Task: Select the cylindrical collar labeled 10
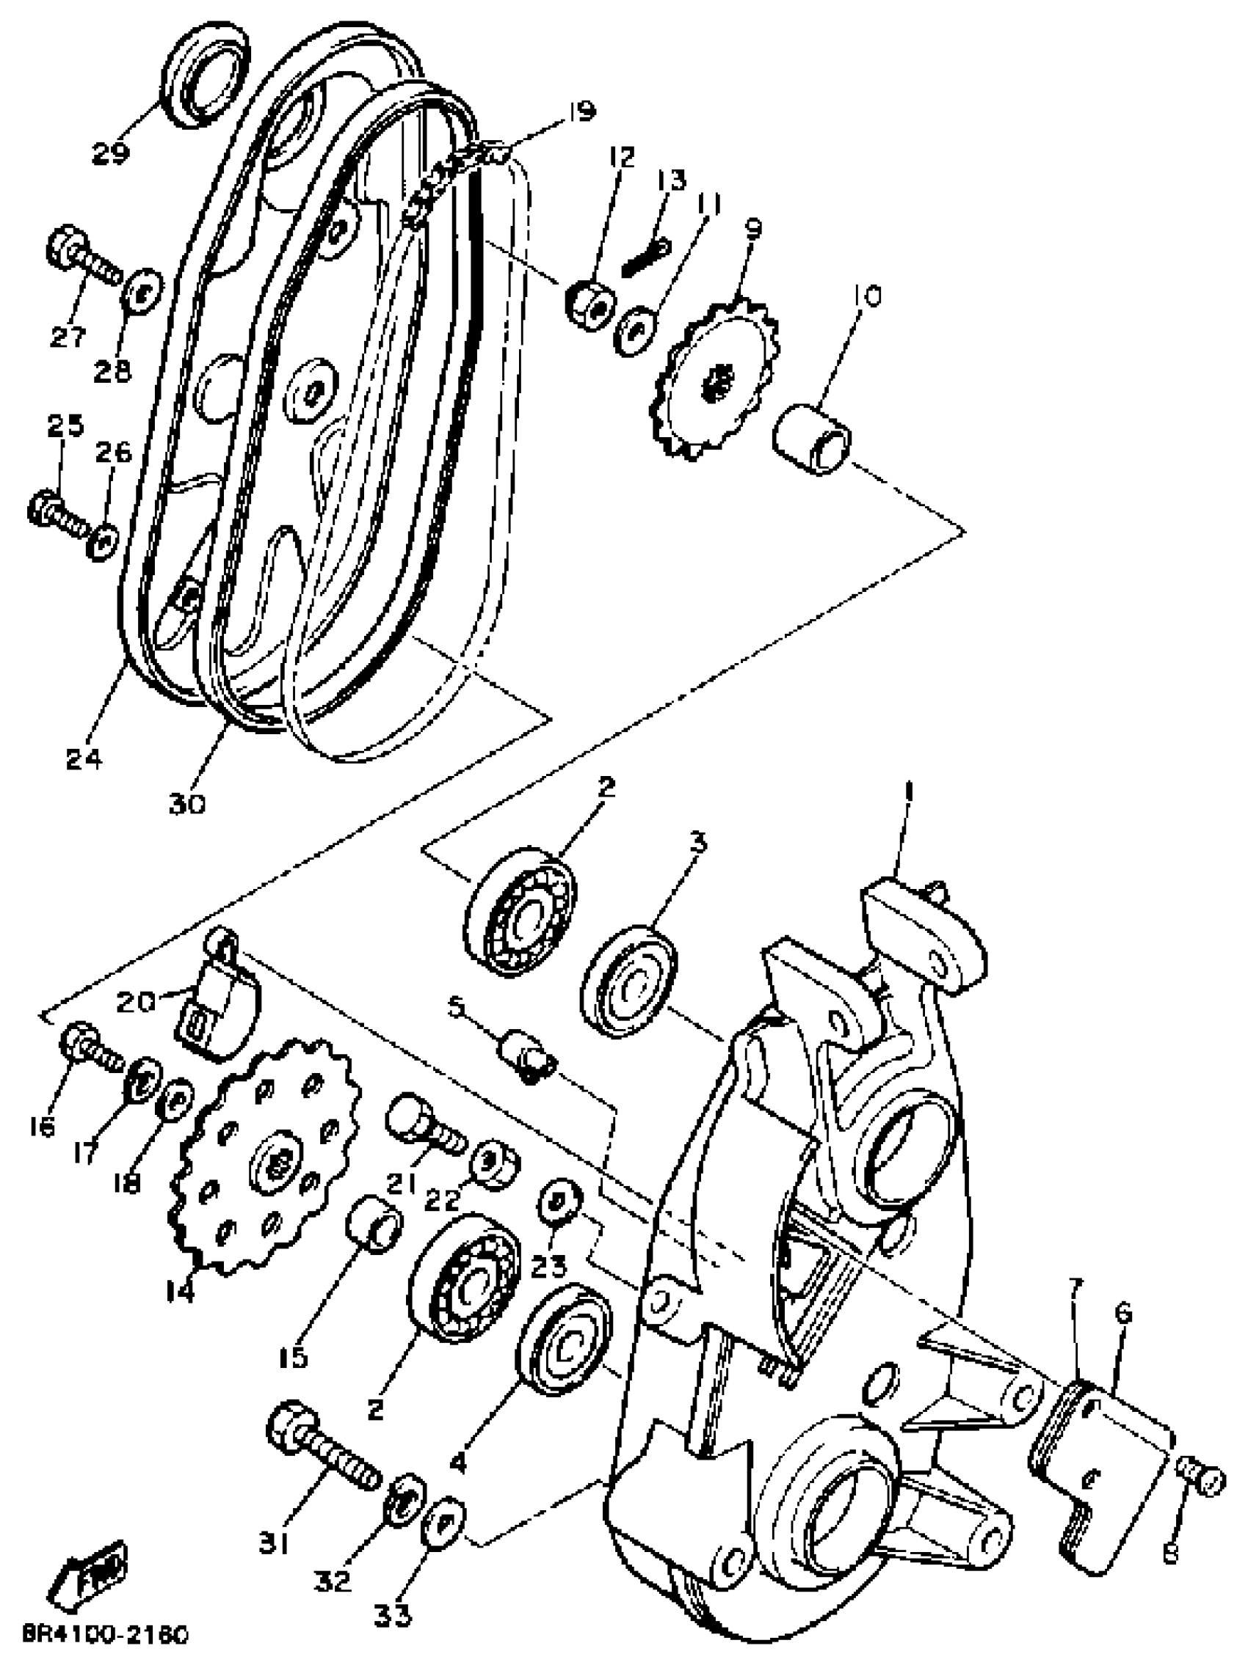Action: point(813,439)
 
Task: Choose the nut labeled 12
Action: point(589,304)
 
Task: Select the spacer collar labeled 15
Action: point(373,1224)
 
